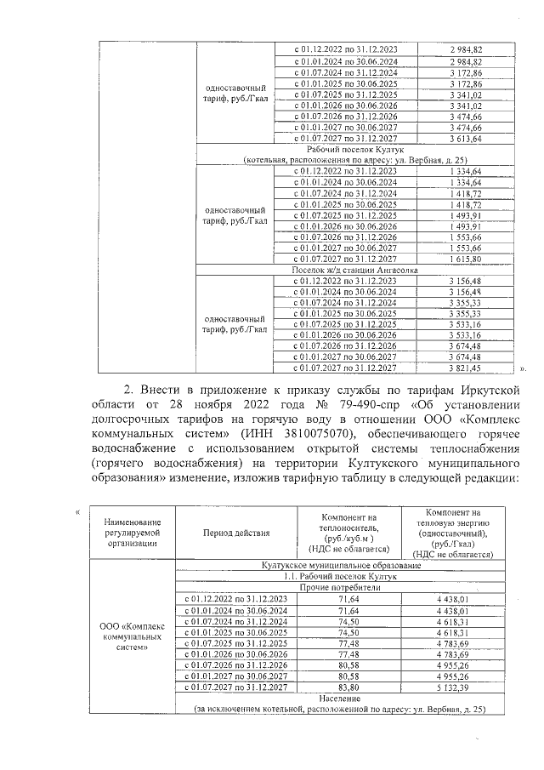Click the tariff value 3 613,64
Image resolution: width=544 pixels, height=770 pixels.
465,138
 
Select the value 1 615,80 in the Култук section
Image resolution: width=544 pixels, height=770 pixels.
465,258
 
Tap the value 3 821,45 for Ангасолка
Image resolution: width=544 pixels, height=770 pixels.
465,368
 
